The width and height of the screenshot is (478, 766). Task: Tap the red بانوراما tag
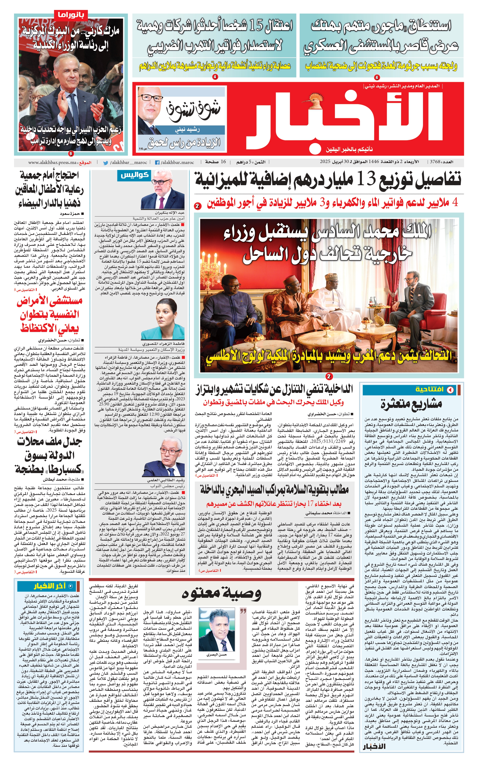[70, 15]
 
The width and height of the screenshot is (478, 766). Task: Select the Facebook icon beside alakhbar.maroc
[157, 163]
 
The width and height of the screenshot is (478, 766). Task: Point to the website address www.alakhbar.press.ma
[52, 163]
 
